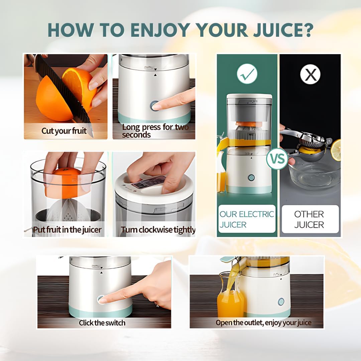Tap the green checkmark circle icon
(x=247, y=74)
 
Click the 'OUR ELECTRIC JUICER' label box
(x=247, y=219)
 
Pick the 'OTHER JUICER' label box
(x=309, y=219)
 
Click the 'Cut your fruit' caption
(x=64, y=131)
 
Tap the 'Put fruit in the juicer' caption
(x=67, y=230)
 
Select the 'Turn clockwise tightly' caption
(x=158, y=230)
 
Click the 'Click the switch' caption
(x=102, y=323)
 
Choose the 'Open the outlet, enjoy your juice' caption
(x=263, y=323)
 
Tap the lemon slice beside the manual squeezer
(x=336, y=150)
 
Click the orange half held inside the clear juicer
(x=64, y=182)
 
